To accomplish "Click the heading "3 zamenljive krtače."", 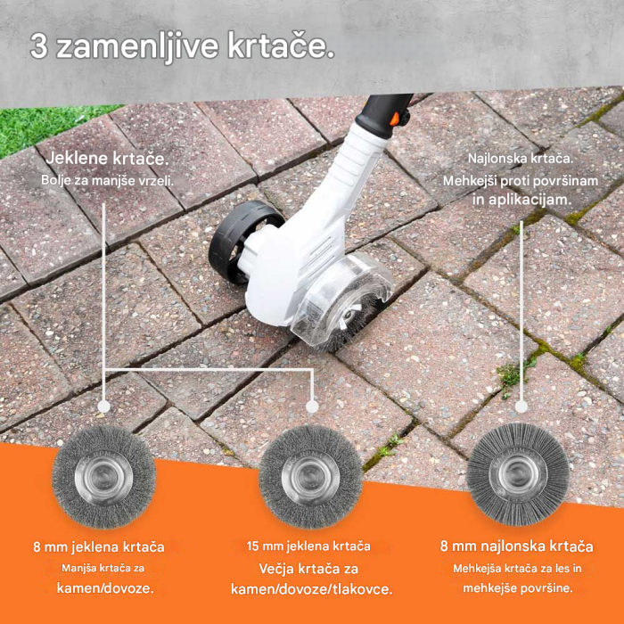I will (x=183, y=47).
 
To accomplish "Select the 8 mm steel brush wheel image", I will (x=104, y=477).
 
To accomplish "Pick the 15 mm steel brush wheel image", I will (x=310, y=478).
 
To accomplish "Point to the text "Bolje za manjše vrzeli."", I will (x=107, y=180).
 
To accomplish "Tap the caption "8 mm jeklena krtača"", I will (x=104, y=546).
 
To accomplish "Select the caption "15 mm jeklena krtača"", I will (x=309, y=546).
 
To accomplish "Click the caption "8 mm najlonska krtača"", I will (x=517, y=546).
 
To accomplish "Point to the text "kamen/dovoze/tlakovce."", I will (x=311, y=589).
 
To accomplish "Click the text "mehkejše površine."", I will (x=517, y=587).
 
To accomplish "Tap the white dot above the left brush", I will (x=104, y=406).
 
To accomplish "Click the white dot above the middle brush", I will (x=311, y=406).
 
